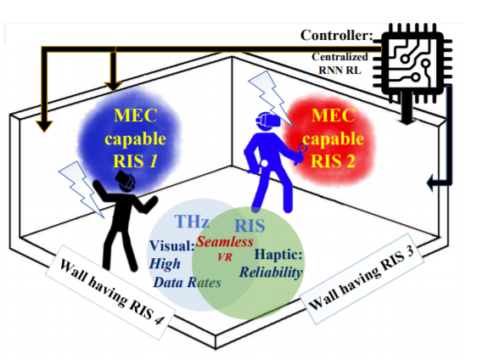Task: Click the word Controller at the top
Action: (336, 35)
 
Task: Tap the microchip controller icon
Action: (412, 63)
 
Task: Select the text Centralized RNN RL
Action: (339, 64)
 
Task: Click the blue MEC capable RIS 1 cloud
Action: (129, 138)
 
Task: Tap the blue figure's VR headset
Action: (267, 121)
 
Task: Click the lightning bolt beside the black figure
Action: (81, 189)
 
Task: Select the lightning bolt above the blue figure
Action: (271, 98)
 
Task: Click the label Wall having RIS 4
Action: (110, 291)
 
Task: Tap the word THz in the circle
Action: (192, 221)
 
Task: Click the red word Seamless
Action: (224, 241)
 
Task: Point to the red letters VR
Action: (225, 257)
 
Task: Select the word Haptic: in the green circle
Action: (278, 255)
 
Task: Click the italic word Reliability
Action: (271, 273)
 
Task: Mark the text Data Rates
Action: (188, 283)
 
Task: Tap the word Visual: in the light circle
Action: (171, 245)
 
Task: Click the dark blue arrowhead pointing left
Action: (431, 183)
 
